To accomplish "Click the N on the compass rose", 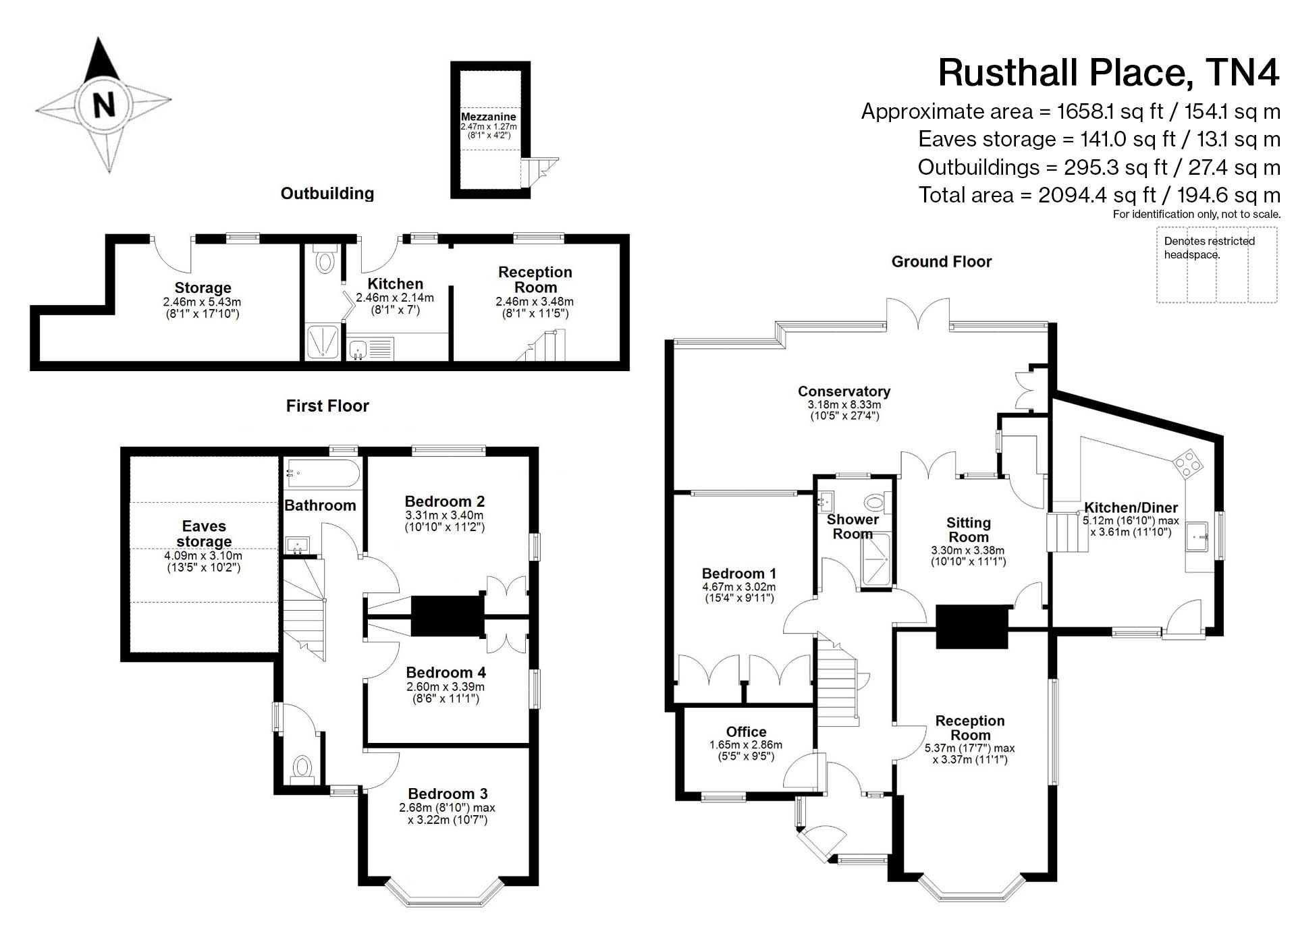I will (104, 105).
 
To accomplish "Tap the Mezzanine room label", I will (488, 117).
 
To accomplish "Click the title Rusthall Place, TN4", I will (1108, 73).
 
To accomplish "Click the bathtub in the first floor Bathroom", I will (323, 474).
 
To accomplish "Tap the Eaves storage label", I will (204, 534).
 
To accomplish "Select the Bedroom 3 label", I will (448, 794).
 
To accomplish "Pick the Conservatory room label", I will (844, 391).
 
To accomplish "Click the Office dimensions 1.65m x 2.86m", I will (746, 745).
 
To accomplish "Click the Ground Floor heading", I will (941, 262).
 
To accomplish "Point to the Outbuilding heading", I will (327, 194).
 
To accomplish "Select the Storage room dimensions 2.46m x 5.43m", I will (202, 302).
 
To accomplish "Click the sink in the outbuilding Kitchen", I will (358, 350).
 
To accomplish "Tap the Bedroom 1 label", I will (738, 574).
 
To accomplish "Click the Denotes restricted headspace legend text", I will (1209, 248).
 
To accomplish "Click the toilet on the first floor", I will (302, 768).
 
